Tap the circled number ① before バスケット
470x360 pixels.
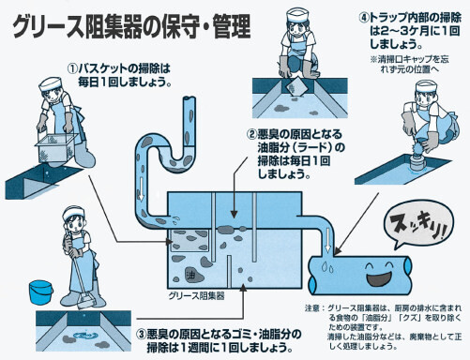(x=73, y=67)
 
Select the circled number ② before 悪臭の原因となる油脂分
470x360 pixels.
(x=251, y=134)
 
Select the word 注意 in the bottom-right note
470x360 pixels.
(x=314, y=306)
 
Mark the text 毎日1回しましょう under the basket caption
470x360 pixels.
(x=122, y=82)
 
